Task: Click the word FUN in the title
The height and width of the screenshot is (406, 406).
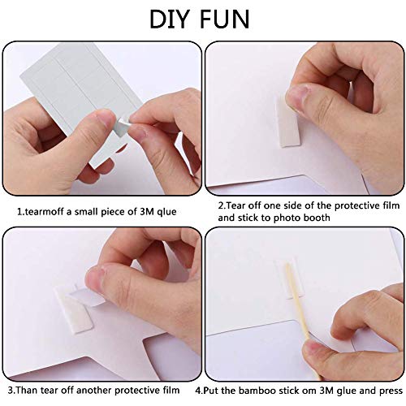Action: (x=224, y=19)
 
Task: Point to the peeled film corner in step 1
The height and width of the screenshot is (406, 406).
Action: (x=121, y=127)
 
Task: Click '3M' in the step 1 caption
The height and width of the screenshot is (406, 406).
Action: (x=146, y=212)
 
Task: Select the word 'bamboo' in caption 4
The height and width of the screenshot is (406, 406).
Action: (x=257, y=391)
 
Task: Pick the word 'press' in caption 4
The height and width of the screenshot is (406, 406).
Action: (x=391, y=391)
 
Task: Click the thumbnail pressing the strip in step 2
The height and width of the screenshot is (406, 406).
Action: (x=296, y=95)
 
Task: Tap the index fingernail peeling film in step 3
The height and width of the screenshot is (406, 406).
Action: (x=93, y=279)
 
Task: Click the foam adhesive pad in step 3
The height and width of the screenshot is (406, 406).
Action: (x=74, y=311)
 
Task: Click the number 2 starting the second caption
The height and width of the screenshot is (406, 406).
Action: (x=221, y=205)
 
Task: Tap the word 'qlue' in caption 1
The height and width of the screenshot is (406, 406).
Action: (x=166, y=212)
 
